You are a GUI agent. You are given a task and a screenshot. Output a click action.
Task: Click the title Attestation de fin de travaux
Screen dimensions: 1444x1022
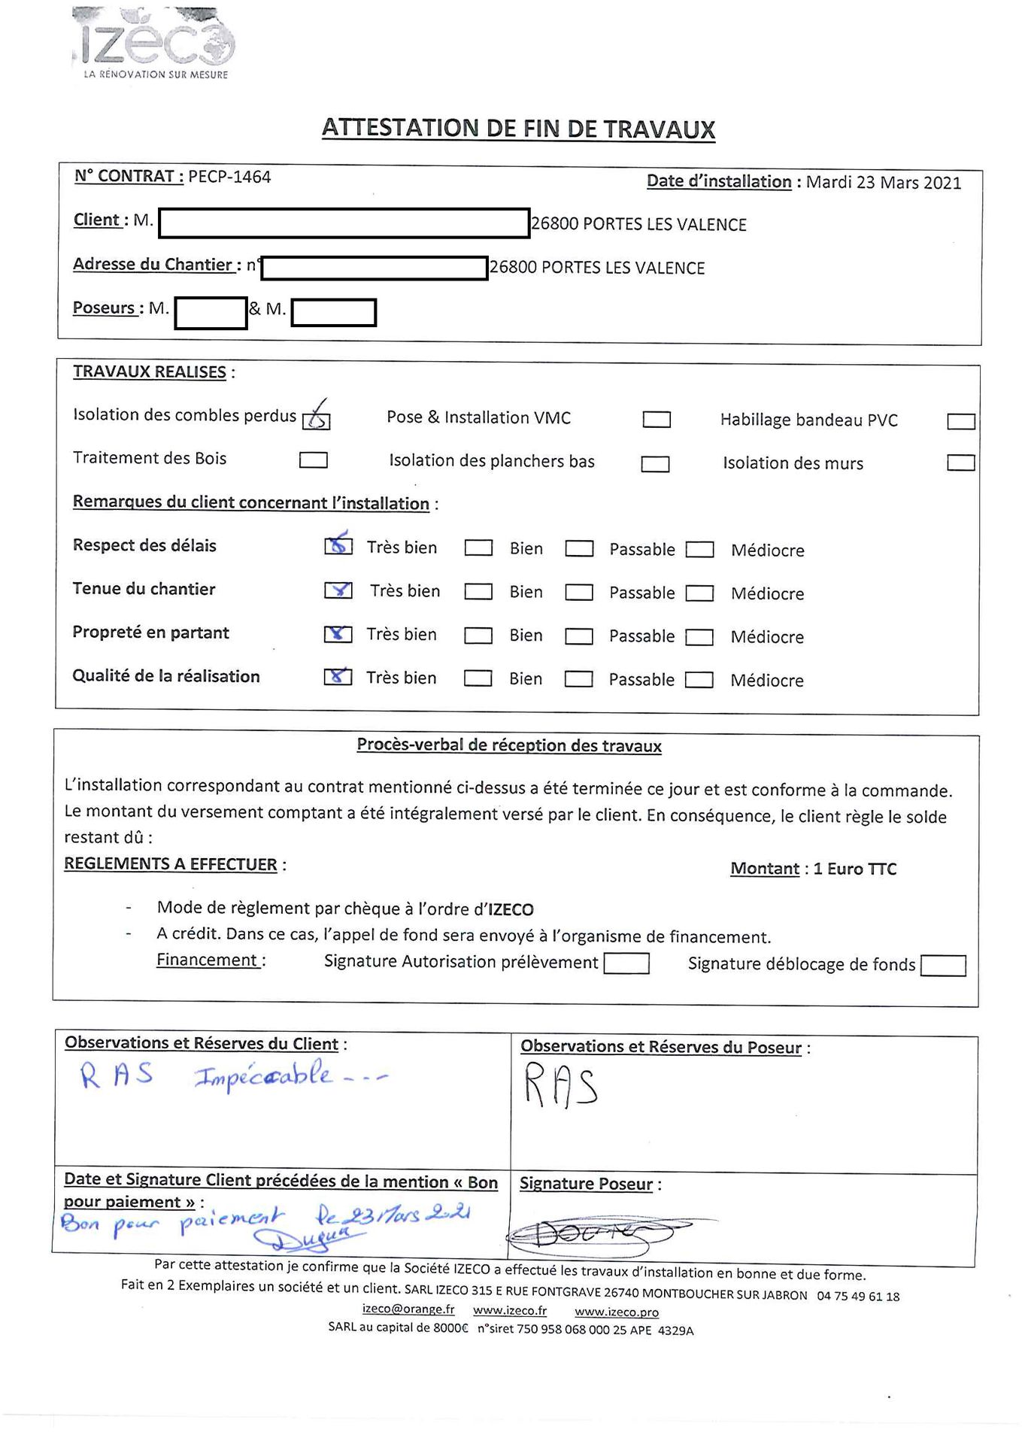(518, 129)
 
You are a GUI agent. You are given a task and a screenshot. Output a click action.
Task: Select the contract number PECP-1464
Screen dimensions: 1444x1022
(229, 177)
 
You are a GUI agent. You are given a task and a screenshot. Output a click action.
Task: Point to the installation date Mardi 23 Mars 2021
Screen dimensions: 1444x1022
(883, 183)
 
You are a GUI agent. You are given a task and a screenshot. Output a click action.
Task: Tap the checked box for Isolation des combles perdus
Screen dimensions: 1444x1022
(316, 420)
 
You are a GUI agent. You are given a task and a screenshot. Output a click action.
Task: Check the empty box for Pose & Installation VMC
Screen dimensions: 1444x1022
(657, 420)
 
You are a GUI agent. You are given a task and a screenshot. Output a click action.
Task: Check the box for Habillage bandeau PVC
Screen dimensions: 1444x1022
(960, 421)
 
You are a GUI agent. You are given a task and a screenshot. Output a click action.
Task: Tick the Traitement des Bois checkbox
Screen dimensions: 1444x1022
(313, 460)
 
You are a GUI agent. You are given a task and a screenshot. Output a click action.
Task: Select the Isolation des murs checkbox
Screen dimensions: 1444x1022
(960, 463)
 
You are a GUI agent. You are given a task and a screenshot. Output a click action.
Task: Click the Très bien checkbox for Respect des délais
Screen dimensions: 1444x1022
(338, 547)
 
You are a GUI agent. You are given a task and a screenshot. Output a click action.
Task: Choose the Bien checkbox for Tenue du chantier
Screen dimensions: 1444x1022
(478, 592)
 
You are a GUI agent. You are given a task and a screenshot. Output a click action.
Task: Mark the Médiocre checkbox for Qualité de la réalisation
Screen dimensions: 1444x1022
(699, 680)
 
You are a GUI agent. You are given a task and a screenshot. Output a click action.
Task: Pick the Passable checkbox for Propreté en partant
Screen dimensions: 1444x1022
(579, 636)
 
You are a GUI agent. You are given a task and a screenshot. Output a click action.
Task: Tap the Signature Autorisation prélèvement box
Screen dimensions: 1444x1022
(626, 963)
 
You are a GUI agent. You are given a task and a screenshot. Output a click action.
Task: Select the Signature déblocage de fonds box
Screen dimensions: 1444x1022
(943, 966)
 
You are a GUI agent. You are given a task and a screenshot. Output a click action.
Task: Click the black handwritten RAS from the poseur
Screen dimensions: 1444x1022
(561, 1085)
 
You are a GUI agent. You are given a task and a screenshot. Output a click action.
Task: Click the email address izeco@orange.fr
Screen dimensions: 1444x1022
(408, 1309)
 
